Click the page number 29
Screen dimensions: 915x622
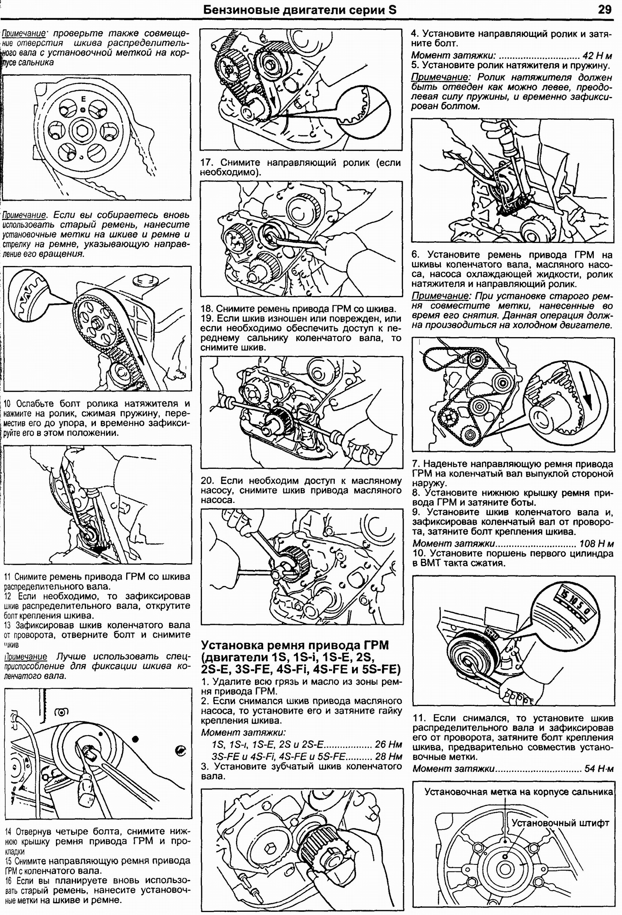pos(605,10)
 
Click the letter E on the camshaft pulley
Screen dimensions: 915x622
pos(83,99)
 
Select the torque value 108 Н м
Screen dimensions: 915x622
pos(596,544)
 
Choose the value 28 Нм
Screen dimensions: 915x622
pos(389,756)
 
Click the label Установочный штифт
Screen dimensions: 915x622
pos(560,823)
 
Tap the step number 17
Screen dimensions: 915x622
pos(207,163)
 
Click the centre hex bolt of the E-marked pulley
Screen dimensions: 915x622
pos(83,130)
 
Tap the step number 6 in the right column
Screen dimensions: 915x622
pos(416,255)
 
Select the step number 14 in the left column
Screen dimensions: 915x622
pos(8,832)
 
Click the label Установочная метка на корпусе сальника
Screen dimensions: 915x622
pos(518,792)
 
